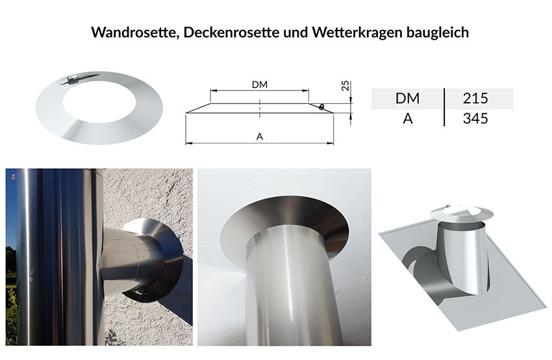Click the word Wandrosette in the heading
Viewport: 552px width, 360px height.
click(134, 32)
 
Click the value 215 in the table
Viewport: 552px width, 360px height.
click(475, 98)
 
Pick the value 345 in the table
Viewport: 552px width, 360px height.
click(475, 118)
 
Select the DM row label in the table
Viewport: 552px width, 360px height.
click(407, 98)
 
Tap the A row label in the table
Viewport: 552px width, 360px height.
click(408, 118)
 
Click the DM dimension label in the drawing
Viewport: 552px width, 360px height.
click(260, 84)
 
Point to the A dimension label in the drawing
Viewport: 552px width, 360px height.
click(260, 136)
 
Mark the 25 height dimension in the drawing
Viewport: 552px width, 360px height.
click(345, 86)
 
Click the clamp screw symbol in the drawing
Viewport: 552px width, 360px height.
click(321, 107)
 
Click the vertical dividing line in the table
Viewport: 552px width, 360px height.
click(444, 107)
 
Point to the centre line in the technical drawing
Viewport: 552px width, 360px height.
click(260, 108)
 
